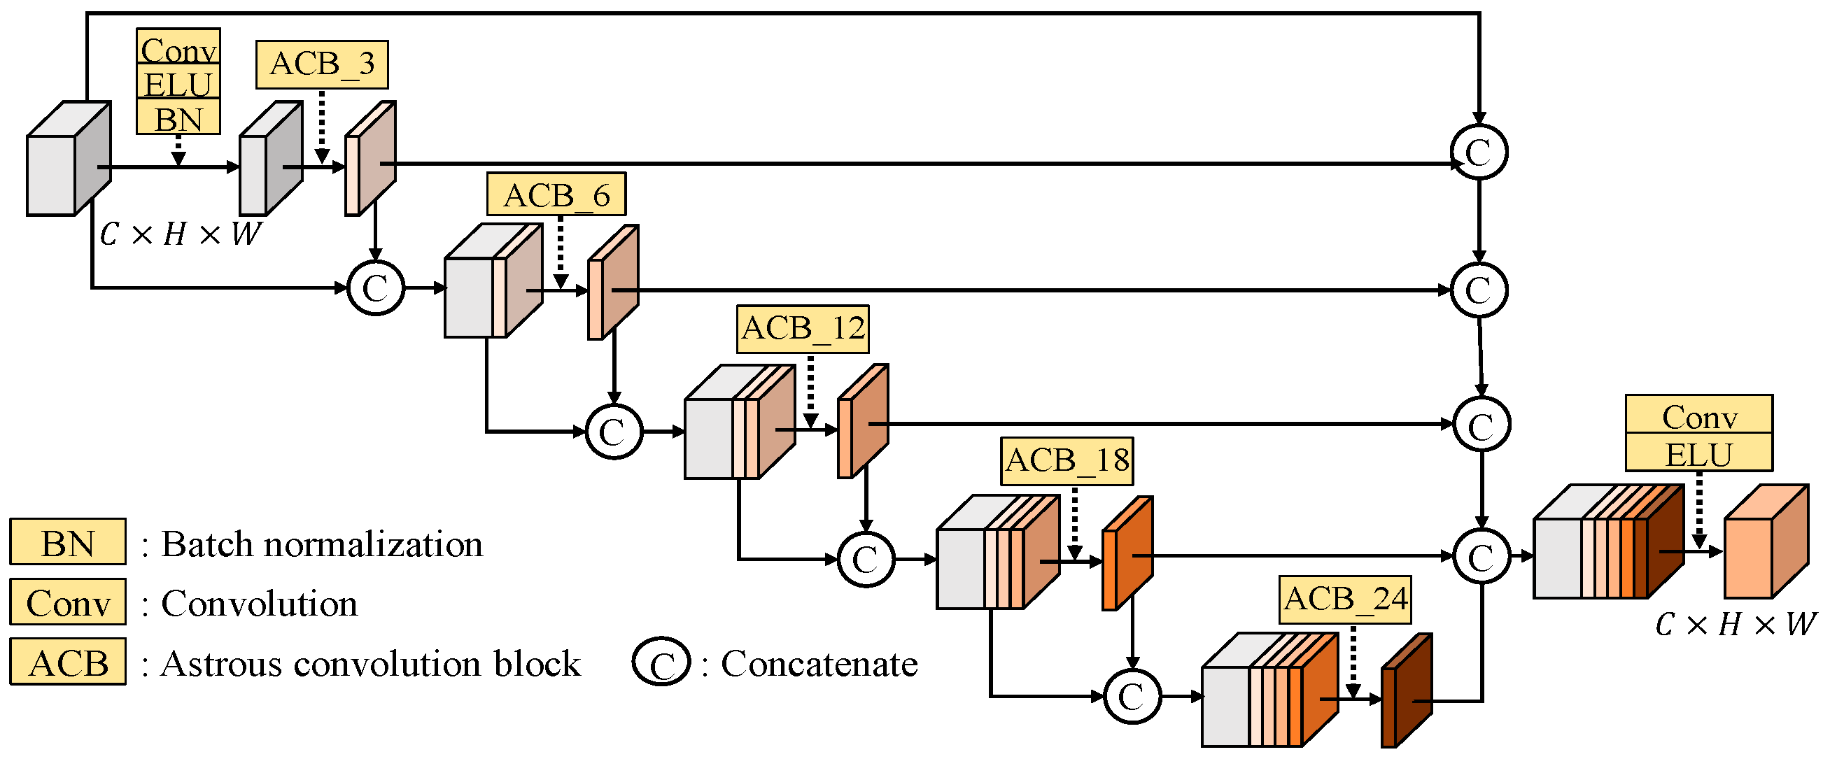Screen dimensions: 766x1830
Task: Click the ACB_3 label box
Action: click(322, 64)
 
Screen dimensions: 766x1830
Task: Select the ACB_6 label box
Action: click(556, 194)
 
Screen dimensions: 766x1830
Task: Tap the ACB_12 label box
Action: click(803, 329)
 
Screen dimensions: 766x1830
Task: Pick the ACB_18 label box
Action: click(1067, 461)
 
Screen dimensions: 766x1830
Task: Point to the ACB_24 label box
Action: click(1345, 600)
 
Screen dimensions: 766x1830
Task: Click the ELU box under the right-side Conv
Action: click(1698, 453)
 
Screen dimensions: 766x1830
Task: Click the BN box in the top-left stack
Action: click(178, 118)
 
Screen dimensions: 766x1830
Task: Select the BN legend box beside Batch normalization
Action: click(67, 542)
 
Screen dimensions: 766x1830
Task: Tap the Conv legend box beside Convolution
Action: click(67, 602)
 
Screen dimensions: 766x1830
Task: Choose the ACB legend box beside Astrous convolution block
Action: click(67, 662)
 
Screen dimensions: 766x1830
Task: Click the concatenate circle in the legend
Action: click(661, 662)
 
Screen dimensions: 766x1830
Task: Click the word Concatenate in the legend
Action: click(819, 663)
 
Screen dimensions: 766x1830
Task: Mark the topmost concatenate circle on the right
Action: click(1479, 151)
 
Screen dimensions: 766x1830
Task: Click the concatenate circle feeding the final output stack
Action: click(1481, 558)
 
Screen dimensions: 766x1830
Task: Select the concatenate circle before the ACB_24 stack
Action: click(1132, 697)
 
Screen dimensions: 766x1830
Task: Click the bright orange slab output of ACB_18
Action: click(1127, 554)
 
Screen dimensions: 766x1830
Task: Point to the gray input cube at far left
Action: click(67, 159)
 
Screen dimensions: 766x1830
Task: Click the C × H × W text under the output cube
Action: click(1735, 624)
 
